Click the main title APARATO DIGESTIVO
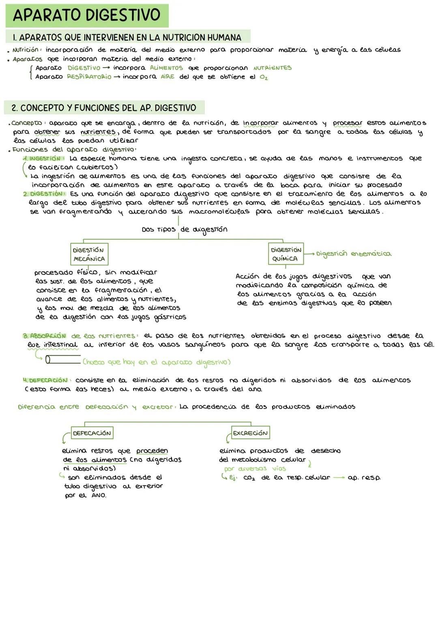[x=86, y=15]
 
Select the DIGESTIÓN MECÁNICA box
[x=89, y=255]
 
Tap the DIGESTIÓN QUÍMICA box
[x=286, y=254]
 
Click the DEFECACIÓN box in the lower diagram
[x=92, y=433]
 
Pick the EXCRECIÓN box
[x=250, y=433]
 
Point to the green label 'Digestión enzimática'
[x=353, y=254]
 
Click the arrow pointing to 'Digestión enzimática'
[x=309, y=254]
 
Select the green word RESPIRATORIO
[x=89, y=77]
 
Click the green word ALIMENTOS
[x=166, y=68]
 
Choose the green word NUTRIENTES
[x=272, y=68]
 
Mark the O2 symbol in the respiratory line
[x=264, y=77]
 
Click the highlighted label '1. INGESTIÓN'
[x=43, y=159]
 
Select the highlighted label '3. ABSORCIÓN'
[x=44, y=336]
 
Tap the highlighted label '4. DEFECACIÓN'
[x=45, y=380]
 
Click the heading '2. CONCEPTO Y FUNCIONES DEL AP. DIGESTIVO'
[x=104, y=108]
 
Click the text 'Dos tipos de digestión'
[x=185, y=229]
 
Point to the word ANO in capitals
[x=99, y=495]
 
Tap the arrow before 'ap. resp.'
[x=338, y=478]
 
